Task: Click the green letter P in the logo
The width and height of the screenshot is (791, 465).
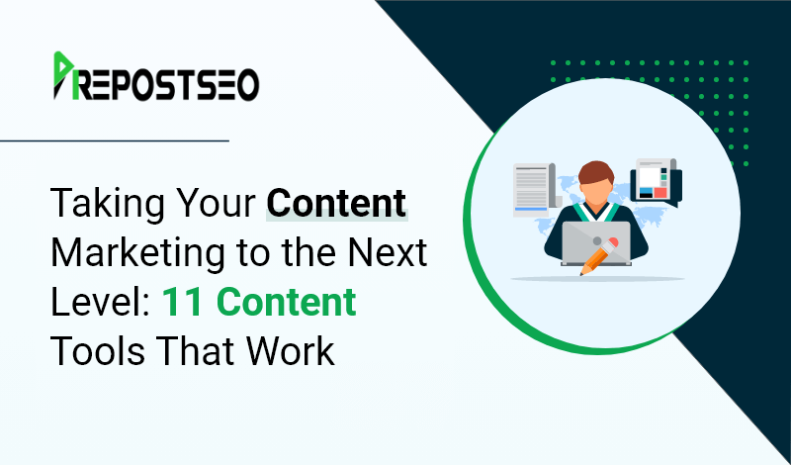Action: coord(63,75)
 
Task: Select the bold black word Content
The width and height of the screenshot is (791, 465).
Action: coord(336,203)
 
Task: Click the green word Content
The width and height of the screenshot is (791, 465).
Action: coord(287,302)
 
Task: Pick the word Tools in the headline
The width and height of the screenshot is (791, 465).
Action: coord(98,351)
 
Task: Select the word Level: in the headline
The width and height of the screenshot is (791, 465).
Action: coord(101,302)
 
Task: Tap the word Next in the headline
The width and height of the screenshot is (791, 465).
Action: coord(390,252)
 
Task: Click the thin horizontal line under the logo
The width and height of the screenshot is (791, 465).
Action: coord(115,140)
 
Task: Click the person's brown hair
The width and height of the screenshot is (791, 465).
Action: coord(596,172)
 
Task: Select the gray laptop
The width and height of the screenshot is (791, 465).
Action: coord(596,243)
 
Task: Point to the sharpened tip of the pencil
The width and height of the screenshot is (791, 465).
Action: coord(581,275)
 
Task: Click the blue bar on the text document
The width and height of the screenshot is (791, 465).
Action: coord(531,209)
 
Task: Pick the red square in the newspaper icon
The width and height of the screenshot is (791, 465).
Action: coord(660,192)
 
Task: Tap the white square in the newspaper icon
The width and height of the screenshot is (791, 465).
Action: coord(650,176)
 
